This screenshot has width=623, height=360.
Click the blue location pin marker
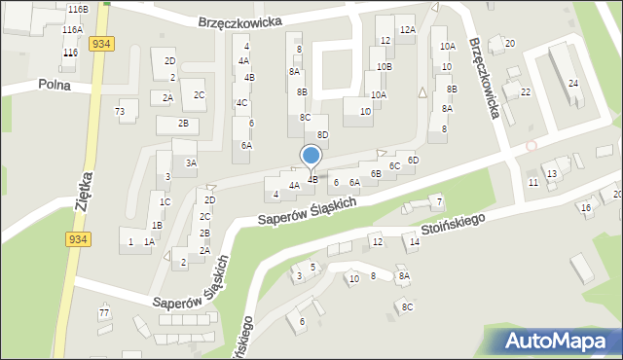(311, 157)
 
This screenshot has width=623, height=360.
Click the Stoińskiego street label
(453, 229)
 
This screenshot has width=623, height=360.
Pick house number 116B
(78, 9)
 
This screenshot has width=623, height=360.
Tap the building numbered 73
(120, 112)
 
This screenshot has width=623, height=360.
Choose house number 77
(104, 313)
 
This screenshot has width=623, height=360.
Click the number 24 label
(573, 84)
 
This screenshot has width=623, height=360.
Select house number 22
(525, 92)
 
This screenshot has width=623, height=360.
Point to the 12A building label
(407, 30)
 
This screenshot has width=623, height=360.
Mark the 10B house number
(384, 66)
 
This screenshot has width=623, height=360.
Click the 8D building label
(322, 134)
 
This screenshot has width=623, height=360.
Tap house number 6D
(413, 160)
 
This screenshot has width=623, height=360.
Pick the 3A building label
(192, 162)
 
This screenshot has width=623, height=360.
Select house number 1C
(165, 201)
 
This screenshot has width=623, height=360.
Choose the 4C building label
(241, 102)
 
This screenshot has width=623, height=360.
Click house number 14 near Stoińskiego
(414, 241)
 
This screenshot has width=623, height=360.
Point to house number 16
(585, 208)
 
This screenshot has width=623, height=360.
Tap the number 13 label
(552, 173)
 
